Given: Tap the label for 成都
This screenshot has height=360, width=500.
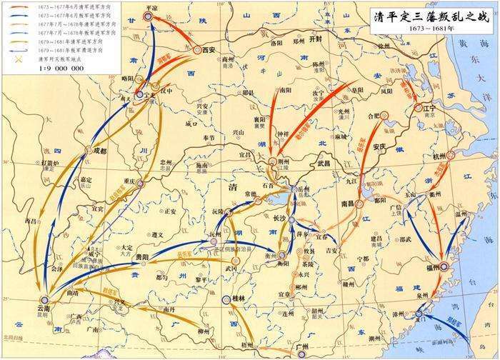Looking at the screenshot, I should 99,151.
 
